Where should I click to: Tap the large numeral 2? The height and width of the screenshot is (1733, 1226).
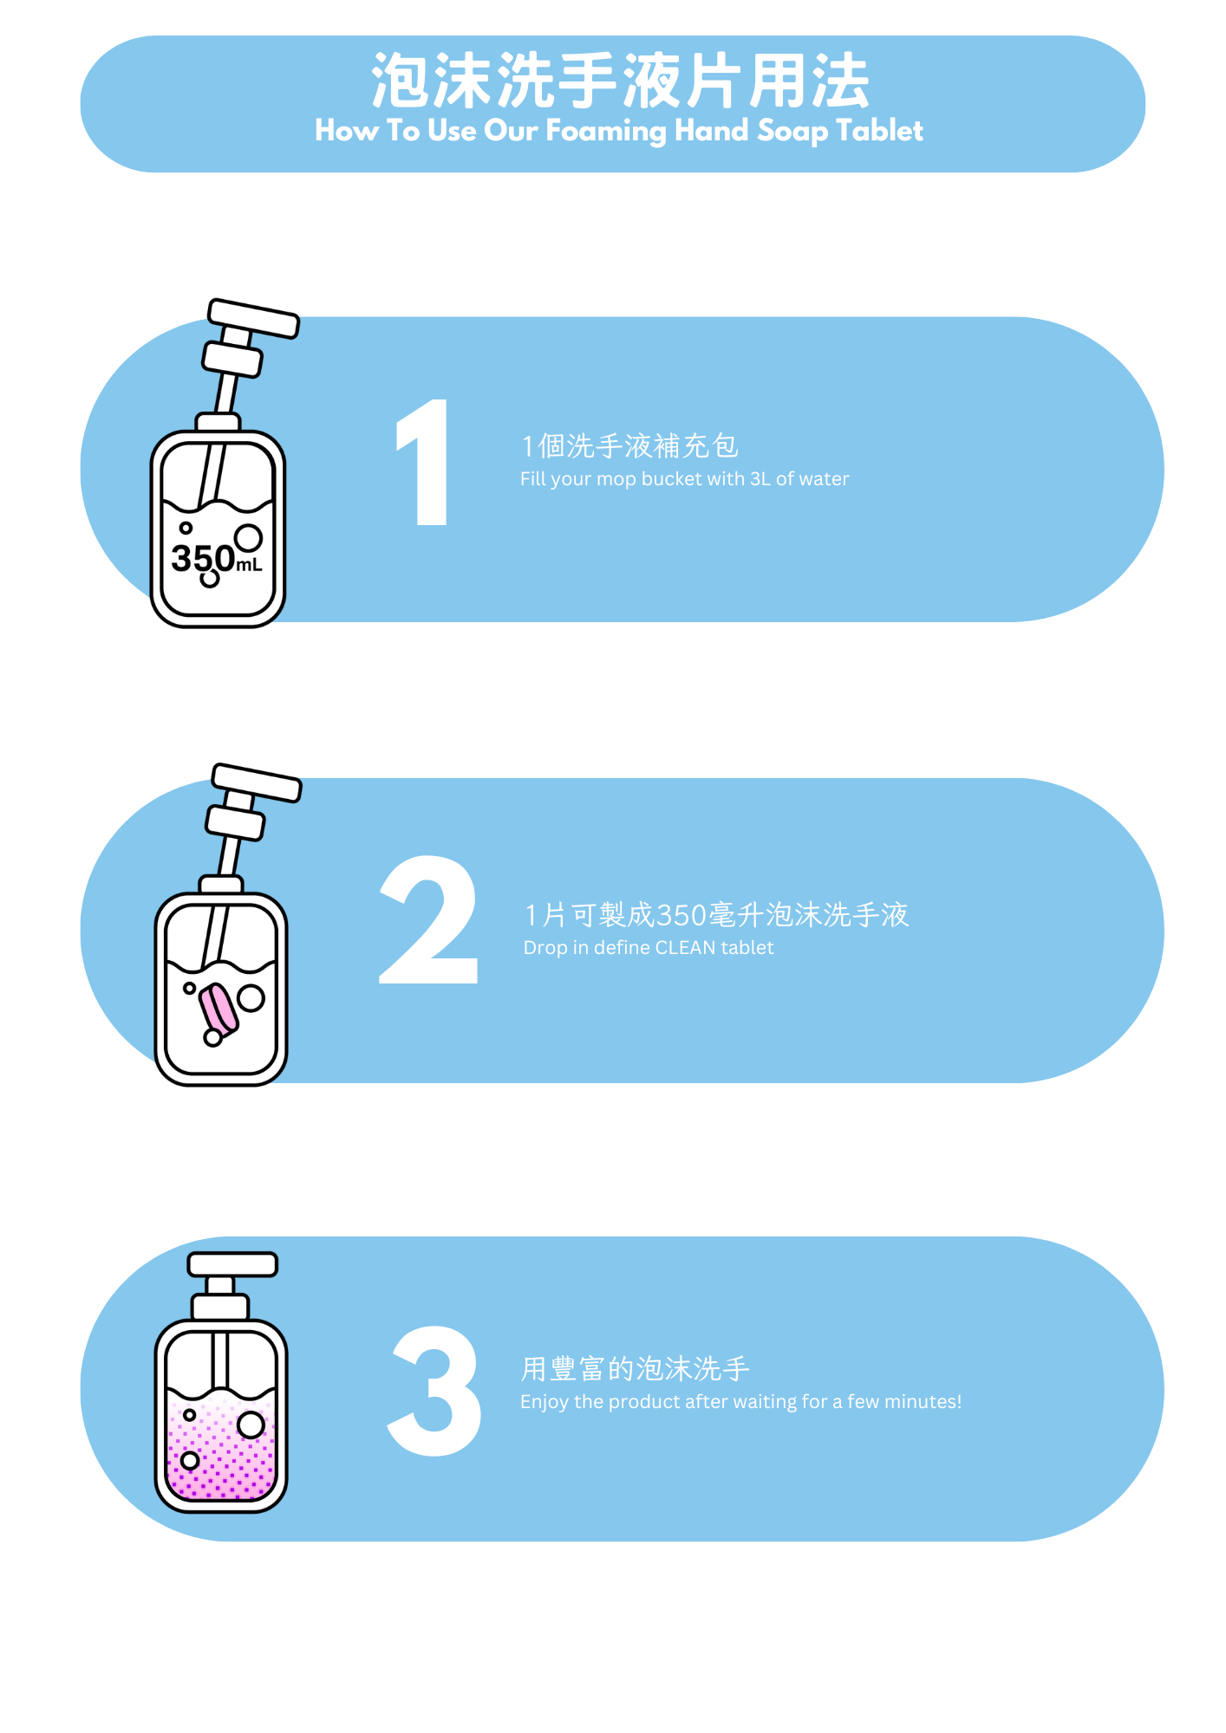click(428, 920)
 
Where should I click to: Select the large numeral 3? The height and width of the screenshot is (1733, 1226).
click(434, 1390)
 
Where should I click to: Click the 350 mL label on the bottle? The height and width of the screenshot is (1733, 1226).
click(216, 559)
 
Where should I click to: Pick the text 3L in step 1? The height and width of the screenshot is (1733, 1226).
click(760, 479)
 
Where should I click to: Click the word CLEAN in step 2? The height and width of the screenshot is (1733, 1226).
click(685, 948)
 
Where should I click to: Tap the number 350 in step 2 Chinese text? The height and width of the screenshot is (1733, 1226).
click(681, 915)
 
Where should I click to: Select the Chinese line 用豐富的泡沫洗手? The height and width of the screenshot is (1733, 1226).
click(635, 1369)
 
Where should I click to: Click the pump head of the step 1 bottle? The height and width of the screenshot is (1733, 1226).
click(254, 318)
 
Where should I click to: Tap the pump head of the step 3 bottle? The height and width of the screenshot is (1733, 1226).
click(232, 1264)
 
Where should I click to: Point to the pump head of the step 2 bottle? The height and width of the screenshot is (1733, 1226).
click(257, 782)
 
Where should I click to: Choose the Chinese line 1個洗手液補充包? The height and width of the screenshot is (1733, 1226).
click(629, 446)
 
